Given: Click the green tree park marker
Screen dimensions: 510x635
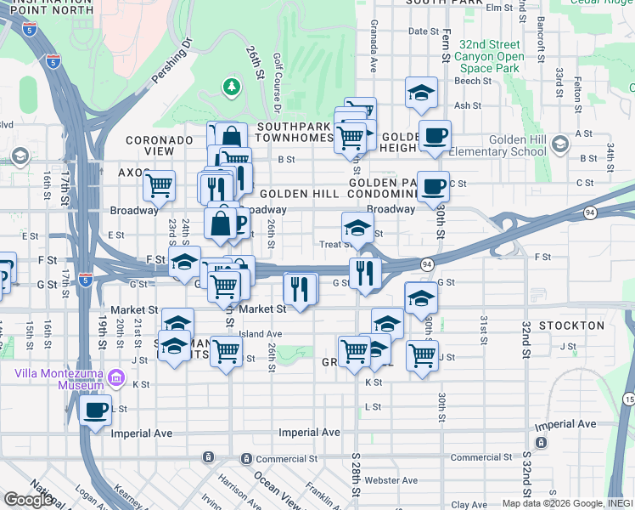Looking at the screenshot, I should [230, 86].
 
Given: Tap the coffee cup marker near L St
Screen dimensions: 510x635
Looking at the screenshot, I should [95, 409].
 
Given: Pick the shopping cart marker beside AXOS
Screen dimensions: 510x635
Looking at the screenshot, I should [159, 185].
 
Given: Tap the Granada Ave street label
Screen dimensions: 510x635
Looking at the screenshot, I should [372, 52].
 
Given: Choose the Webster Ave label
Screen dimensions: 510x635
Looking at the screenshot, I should [391, 480].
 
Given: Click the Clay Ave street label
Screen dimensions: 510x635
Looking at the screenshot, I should [469, 505].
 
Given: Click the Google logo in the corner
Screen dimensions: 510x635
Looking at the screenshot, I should [30, 500].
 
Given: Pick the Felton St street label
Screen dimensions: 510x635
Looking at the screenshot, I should [577, 88].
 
